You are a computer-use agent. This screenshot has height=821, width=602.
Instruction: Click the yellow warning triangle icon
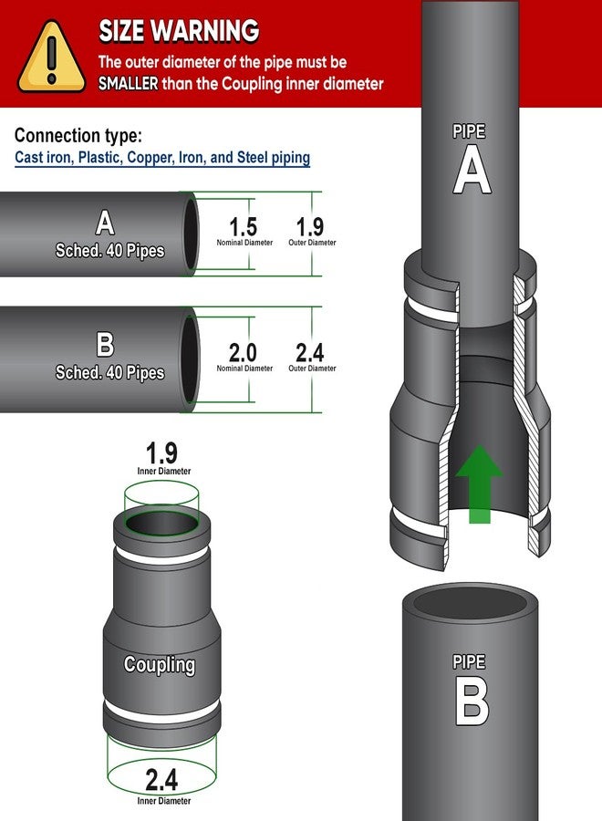[x=51, y=57]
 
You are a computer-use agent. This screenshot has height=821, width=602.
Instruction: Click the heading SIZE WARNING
[x=179, y=31]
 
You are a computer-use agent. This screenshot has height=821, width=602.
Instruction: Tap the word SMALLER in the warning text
[x=129, y=83]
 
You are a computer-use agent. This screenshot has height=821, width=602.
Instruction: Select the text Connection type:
[x=78, y=136]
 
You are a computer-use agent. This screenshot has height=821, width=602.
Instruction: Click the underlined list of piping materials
[x=162, y=158]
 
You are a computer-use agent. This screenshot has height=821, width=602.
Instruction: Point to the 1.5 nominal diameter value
[x=244, y=227]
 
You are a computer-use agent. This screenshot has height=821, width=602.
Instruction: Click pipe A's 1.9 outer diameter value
[x=310, y=227]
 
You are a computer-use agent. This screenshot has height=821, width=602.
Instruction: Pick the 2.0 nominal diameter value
[x=243, y=352]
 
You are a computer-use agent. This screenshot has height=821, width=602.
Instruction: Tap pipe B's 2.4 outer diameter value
[x=310, y=352]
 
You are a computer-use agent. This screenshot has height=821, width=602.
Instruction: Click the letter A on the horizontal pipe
[x=105, y=223]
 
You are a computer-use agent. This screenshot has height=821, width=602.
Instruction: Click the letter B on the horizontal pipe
[x=105, y=345]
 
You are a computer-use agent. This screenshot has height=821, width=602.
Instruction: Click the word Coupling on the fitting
[x=160, y=664]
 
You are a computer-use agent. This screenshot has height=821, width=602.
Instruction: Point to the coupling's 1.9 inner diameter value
[x=161, y=452]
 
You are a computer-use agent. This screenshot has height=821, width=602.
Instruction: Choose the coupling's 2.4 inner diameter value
[x=161, y=780]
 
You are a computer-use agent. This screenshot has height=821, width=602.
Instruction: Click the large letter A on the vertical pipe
[x=472, y=169]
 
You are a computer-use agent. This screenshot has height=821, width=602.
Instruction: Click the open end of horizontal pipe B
[x=190, y=359]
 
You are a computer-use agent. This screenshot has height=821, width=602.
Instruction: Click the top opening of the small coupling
[x=161, y=523]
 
